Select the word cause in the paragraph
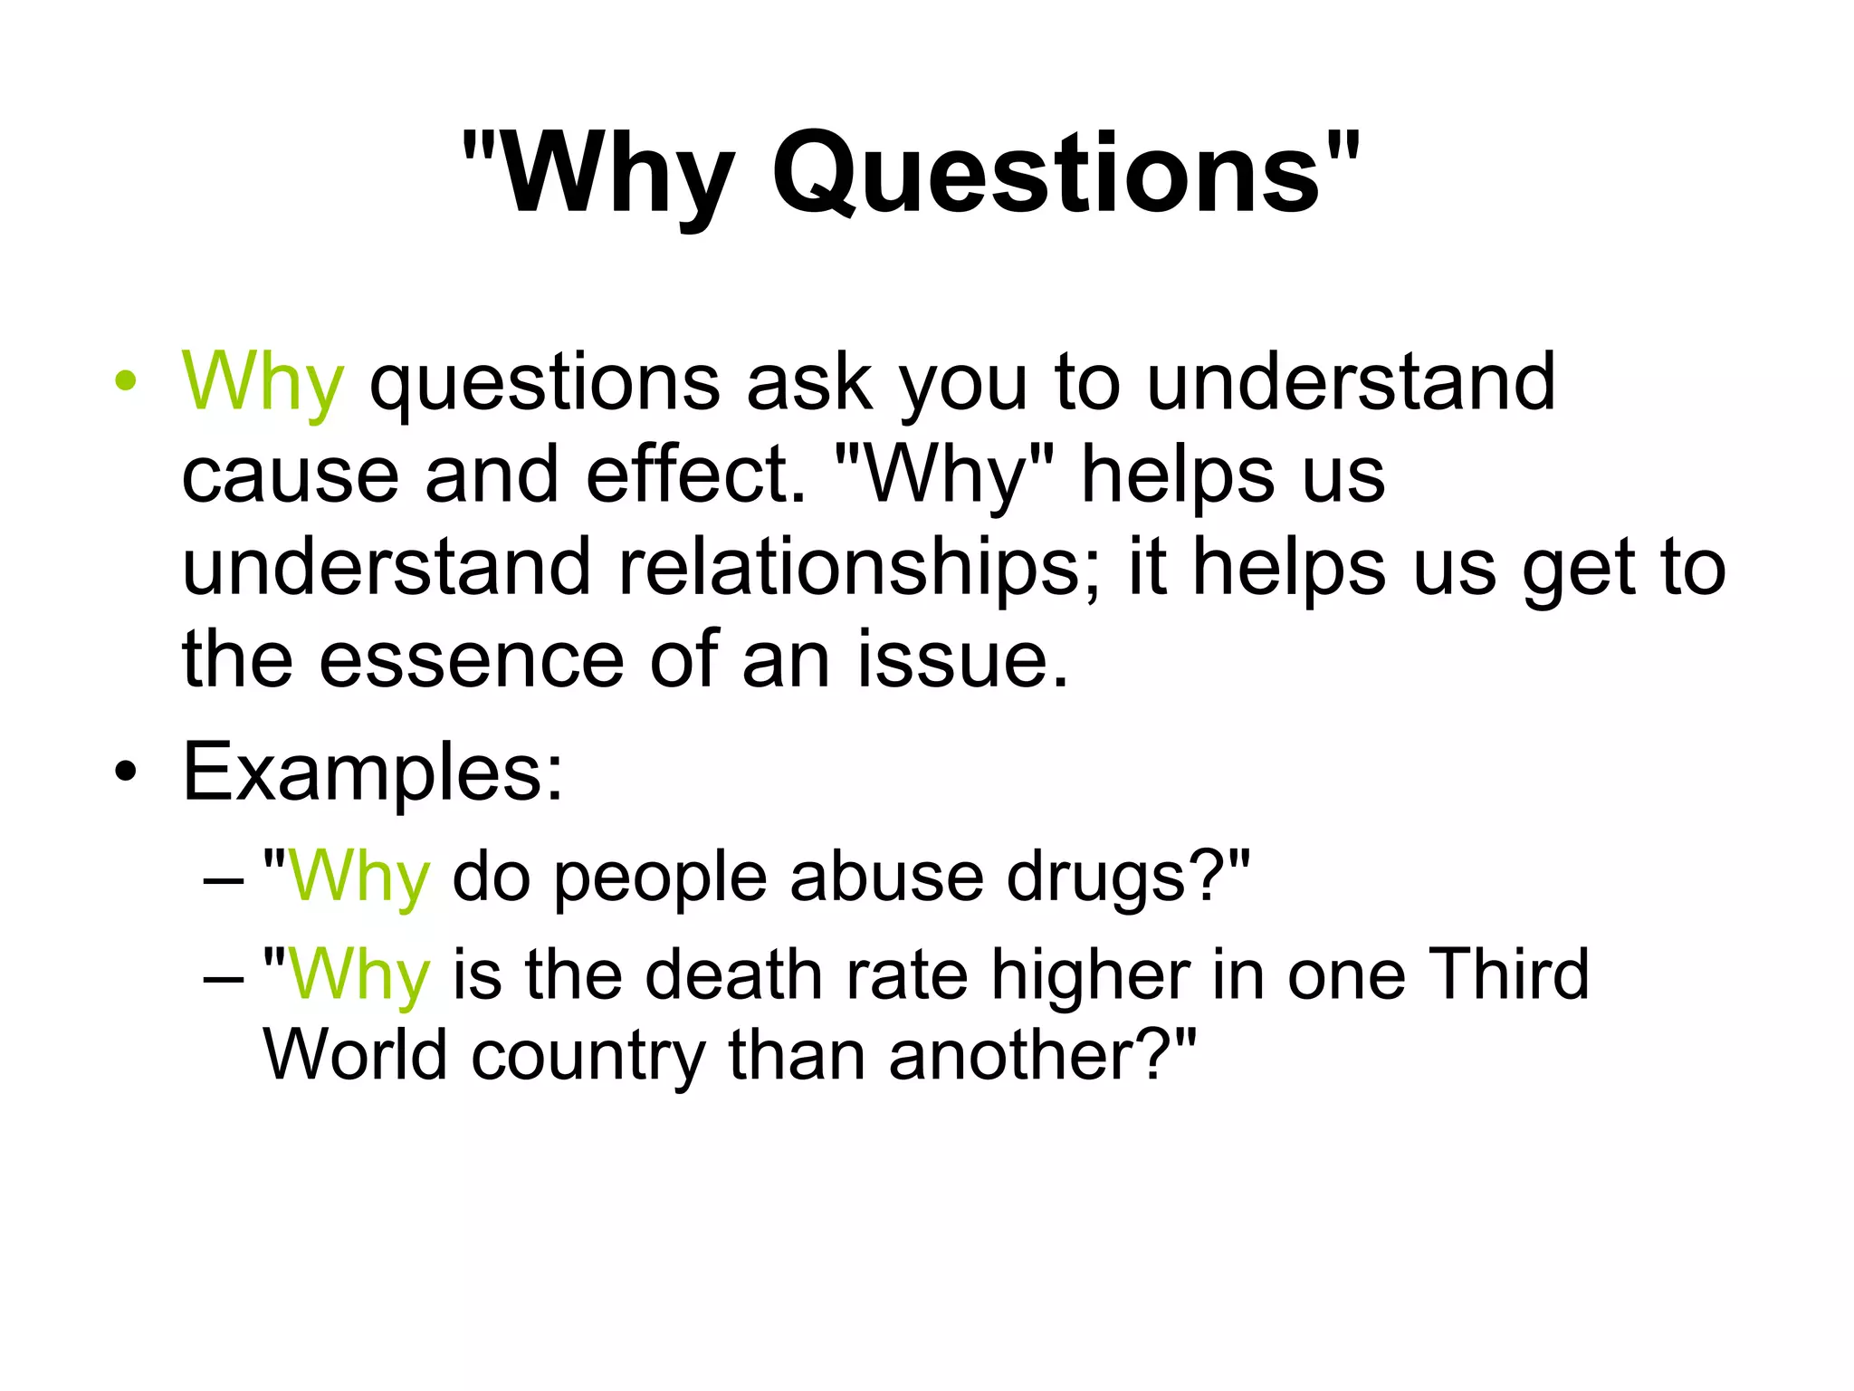pos(290,475)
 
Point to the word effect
pos(693,475)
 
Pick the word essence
pos(471,659)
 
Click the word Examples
pos(372,772)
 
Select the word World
pos(355,1055)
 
